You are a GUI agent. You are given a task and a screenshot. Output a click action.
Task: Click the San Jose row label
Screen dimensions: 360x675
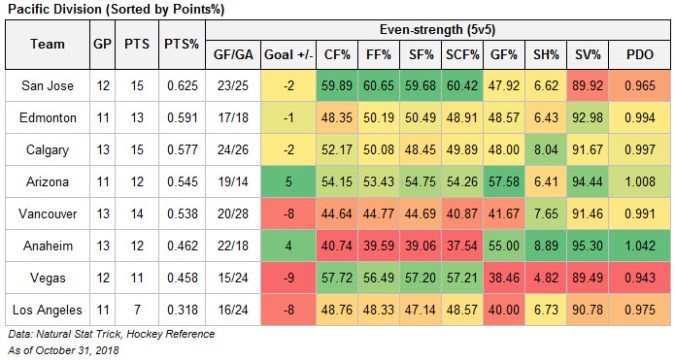pos(48,86)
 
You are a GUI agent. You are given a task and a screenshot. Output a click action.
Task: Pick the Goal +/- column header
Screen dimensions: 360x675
pos(288,55)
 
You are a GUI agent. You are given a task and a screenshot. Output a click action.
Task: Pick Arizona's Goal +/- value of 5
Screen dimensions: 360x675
pos(288,182)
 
